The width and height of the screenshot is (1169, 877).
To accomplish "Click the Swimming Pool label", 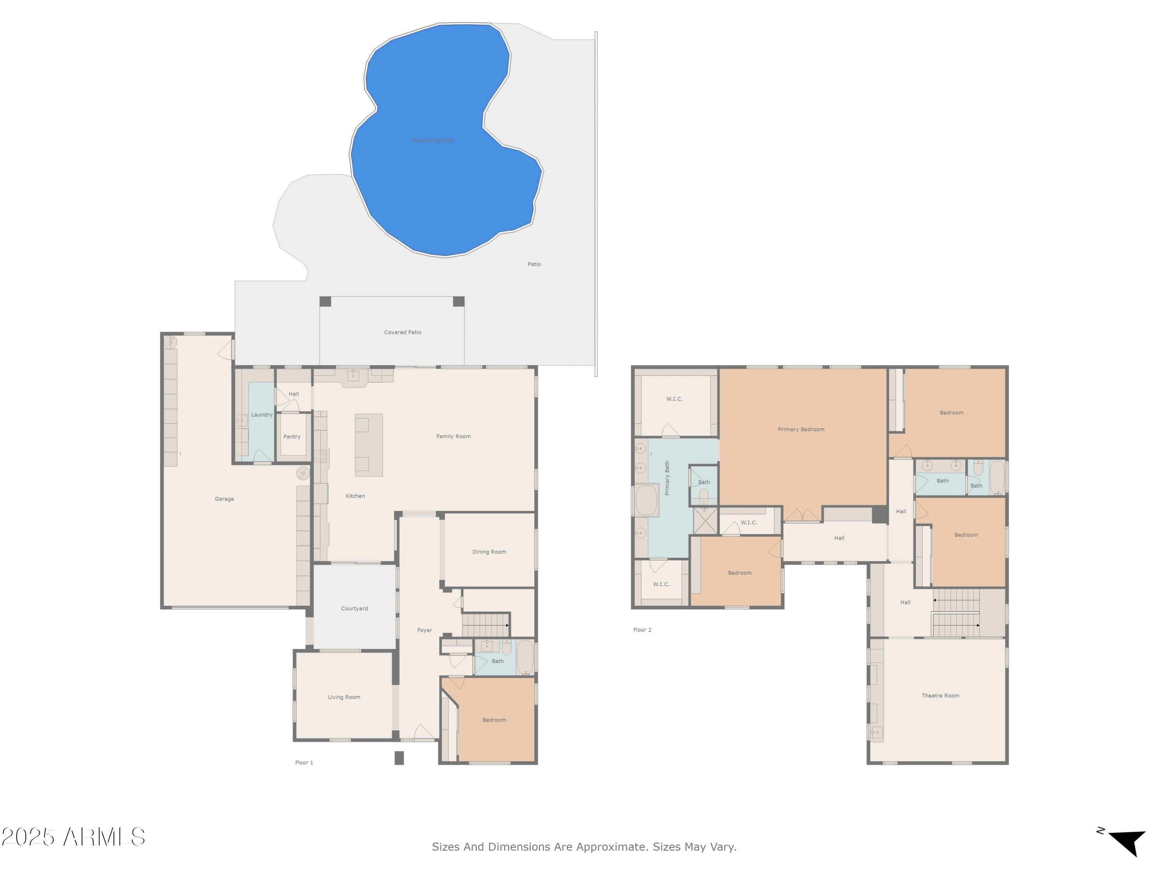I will pyautogui.click(x=432, y=141).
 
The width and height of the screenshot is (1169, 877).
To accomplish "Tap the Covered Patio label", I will pyautogui.click(x=402, y=332).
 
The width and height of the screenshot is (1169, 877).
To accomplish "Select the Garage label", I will pyautogui.click(x=224, y=499).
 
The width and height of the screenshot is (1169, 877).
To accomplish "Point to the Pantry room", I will pyautogui.click(x=292, y=437).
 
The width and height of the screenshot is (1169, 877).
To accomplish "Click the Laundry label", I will pyautogui.click(x=261, y=415).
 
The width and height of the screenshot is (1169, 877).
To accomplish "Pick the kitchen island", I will pyautogui.click(x=368, y=445).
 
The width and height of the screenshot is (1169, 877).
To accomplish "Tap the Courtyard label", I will pyautogui.click(x=354, y=608).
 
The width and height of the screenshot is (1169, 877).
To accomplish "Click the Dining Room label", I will pyautogui.click(x=489, y=552).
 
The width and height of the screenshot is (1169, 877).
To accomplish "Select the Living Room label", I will pyautogui.click(x=344, y=697).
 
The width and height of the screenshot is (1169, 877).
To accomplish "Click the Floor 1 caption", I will pyautogui.click(x=304, y=762).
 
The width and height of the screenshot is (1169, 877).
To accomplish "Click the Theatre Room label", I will pyautogui.click(x=940, y=696).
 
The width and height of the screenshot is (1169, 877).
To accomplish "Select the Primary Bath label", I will pyautogui.click(x=667, y=478).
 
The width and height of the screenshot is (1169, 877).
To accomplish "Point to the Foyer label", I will pyautogui.click(x=424, y=630).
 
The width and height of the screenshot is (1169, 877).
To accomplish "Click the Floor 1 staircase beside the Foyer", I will pyautogui.click(x=485, y=625).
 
